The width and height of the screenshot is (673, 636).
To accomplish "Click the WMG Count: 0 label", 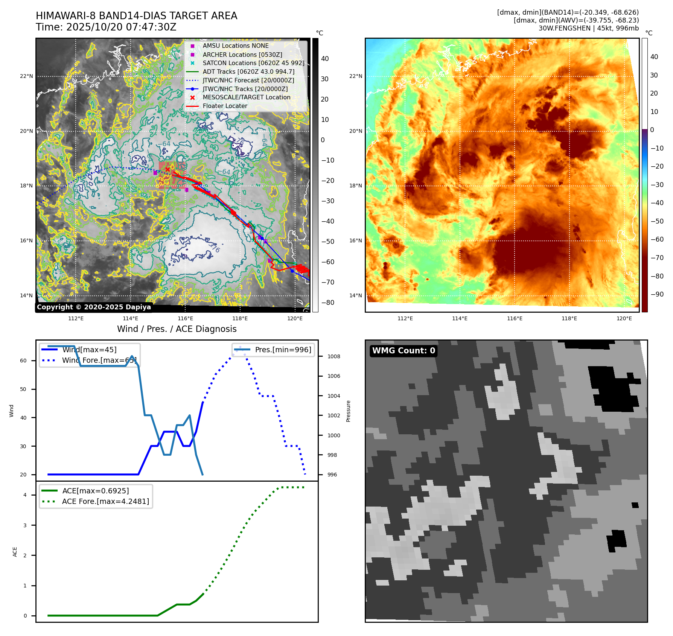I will coord(403,351).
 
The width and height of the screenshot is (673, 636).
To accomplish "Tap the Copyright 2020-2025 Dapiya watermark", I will coord(94,307).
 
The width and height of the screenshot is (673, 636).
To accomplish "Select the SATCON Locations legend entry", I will coord(253,63).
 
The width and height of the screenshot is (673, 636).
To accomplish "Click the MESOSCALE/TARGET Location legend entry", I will coord(247,97).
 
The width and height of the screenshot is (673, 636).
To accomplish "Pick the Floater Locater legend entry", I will coord(225,106).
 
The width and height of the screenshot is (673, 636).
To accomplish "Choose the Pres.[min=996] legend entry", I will coord(283,350).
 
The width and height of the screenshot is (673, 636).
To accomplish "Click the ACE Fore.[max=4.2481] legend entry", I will coord(105,501).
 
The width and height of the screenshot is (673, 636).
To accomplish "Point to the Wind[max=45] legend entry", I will coord(89,350).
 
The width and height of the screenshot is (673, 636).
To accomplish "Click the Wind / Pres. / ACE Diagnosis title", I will coord(177,329).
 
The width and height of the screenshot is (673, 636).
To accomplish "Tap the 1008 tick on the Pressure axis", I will coord(333,356).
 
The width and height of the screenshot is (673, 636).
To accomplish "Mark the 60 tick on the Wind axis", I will coord(23,361).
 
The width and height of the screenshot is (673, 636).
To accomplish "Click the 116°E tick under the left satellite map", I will coord(186,318).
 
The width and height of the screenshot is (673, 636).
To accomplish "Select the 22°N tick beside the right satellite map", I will coord(356,76).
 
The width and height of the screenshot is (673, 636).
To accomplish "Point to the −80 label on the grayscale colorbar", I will coord(327,303).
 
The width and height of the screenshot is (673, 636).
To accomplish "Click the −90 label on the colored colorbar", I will coord(657,294).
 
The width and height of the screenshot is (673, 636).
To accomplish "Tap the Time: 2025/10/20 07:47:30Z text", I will coord(106,27).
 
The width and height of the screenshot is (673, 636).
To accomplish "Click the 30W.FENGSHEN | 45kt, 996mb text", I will coord(588,28).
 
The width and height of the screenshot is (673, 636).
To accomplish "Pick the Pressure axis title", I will coord(348,411).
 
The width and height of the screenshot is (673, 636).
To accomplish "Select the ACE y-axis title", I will coord(15,552).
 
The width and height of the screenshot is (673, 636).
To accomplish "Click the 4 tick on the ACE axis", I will coord(25,495).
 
